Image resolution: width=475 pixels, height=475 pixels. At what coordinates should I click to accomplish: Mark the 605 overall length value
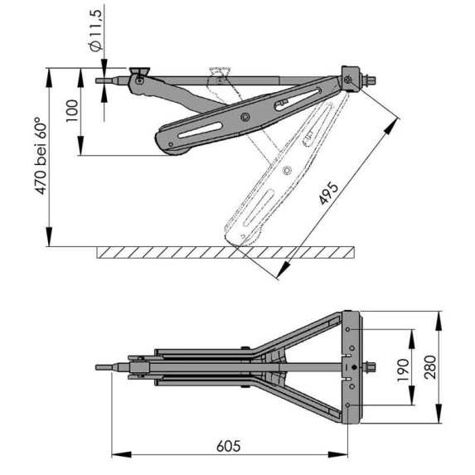[226, 446]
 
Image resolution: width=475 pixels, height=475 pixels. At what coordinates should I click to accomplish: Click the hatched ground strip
[224, 252]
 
